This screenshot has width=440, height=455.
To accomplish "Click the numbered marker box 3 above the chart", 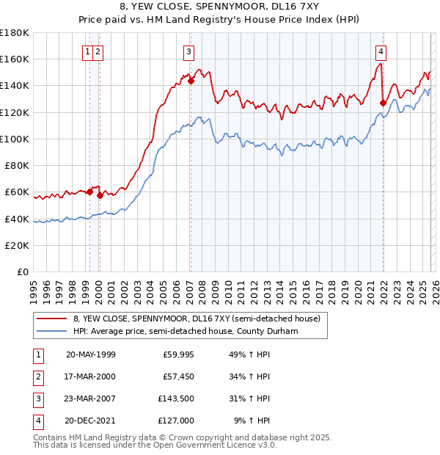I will tap(189, 51).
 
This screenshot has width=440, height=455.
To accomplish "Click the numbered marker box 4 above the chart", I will tap(381, 51).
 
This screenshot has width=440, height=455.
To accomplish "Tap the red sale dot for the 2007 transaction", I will tap(191, 81).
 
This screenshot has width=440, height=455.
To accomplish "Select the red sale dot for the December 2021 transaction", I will tap(383, 103).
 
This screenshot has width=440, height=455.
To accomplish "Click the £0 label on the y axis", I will tap(23, 272).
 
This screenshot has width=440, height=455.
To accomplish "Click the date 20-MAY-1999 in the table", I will tap(90, 354).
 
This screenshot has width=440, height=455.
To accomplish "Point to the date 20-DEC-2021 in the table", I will tap(90, 421).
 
